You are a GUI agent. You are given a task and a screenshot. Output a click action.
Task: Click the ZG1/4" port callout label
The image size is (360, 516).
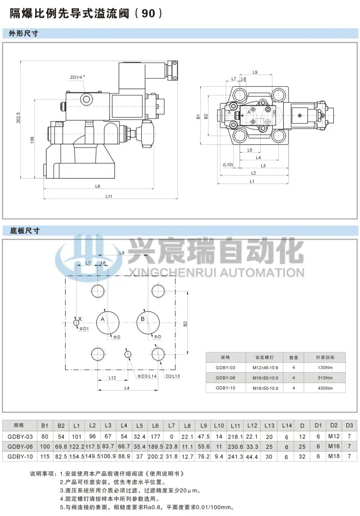click(x=78, y=77)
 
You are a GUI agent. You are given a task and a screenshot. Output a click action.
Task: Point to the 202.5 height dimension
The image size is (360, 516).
click(x=18, y=118)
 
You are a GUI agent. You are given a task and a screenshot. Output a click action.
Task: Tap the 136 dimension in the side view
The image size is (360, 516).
click(x=32, y=140)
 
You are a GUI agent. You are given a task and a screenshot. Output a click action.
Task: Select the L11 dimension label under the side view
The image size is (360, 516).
click(x=108, y=196)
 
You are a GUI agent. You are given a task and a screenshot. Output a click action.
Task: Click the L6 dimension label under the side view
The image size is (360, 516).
click(x=97, y=186)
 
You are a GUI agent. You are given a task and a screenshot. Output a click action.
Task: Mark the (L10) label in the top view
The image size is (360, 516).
click(x=228, y=165)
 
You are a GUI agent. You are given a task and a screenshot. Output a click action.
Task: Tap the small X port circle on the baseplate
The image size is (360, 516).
click(x=77, y=322)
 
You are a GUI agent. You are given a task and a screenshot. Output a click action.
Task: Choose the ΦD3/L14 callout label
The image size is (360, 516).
click(x=147, y=376)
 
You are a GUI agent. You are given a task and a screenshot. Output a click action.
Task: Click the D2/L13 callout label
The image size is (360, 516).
click(x=173, y=376)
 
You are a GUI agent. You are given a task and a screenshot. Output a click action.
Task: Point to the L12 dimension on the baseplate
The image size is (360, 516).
click(x=112, y=378)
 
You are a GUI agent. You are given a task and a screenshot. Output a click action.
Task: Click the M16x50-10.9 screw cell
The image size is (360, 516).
click(x=265, y=378)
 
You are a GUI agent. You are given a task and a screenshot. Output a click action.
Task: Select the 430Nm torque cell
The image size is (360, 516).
click(x=325, y=388)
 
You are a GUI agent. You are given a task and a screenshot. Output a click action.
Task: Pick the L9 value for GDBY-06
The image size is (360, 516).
click(x=204, y=446)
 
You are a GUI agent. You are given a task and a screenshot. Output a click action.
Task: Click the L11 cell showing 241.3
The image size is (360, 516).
click(x=235, y=457)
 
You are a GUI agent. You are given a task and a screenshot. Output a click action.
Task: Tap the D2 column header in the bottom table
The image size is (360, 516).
click(x=334, y=426)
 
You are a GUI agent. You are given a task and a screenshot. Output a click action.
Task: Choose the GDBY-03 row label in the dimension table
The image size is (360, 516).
click(x=20, y=437)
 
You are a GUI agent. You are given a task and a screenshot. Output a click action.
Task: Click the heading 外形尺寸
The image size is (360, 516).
click(x=24, y=33)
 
